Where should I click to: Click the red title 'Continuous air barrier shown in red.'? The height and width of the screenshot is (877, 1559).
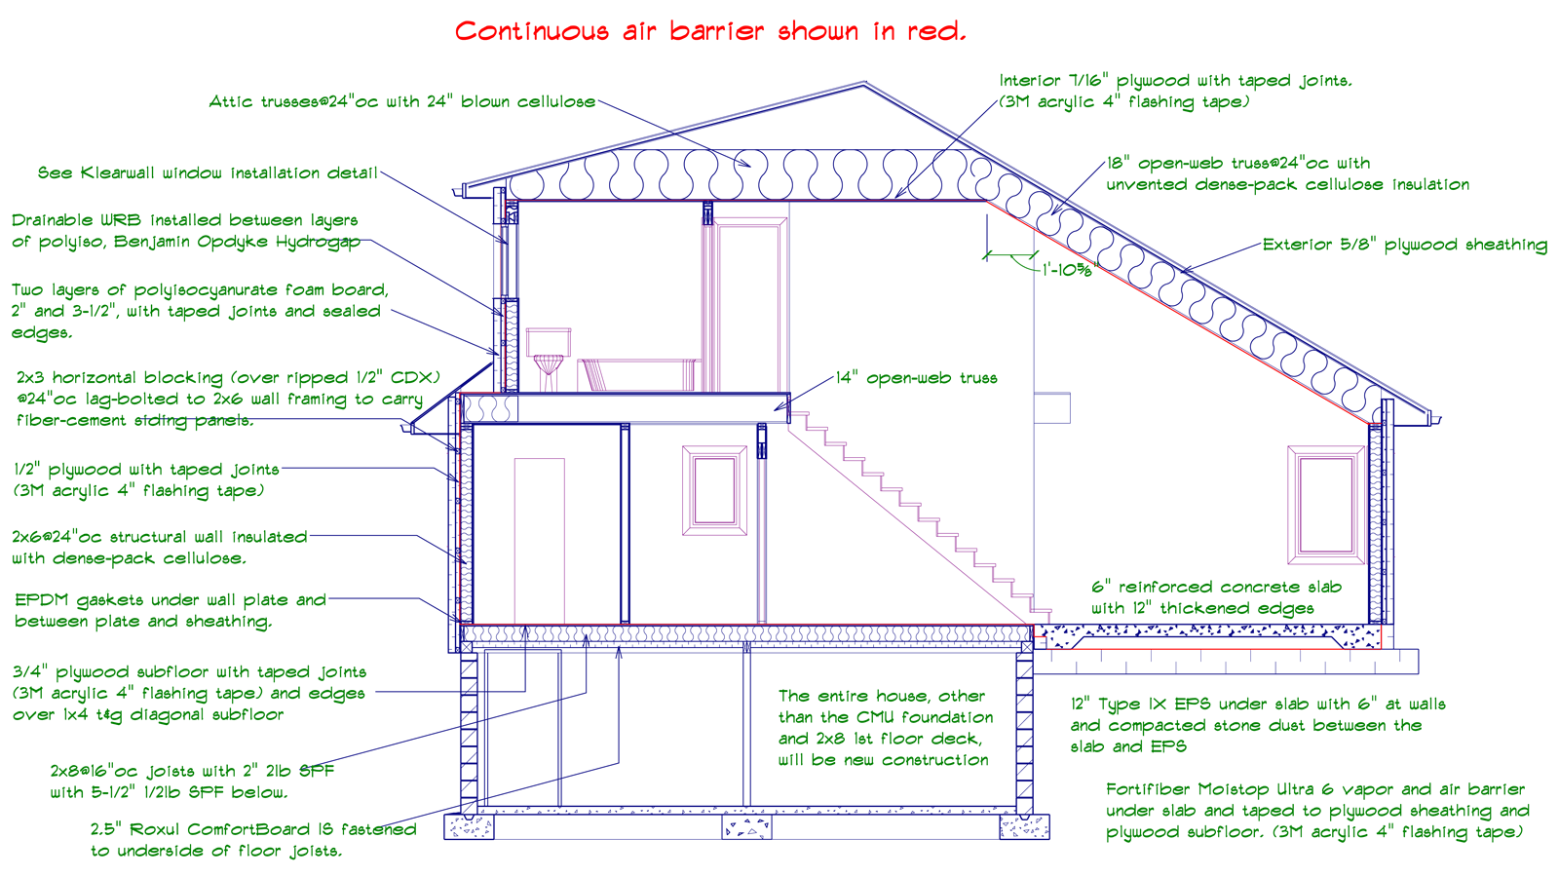[710, 31]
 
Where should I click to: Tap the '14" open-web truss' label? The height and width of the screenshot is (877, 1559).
[917, 378]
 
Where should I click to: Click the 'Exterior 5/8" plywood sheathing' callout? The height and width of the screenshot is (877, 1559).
[1404, 245]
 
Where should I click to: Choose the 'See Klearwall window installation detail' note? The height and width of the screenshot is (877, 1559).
[208, 172]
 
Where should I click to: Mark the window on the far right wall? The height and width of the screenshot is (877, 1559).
[1325, 504]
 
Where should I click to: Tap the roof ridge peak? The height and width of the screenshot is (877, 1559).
[863, 86]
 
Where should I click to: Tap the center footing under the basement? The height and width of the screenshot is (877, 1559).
[746, 827]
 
